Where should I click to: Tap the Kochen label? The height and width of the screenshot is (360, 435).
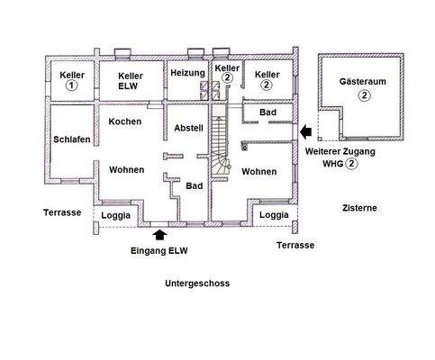[124, 121]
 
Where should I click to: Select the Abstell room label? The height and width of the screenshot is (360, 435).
[189, 129]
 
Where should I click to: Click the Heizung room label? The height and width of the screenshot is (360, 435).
[187, 72]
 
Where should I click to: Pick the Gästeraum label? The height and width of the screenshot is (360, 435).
[363, 79]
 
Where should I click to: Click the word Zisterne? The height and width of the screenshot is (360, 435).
[359, 208]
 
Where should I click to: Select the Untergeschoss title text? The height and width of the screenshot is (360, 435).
[197, 283]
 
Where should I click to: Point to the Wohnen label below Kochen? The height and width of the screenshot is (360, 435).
[127, 169]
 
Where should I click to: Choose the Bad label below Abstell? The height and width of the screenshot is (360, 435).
[194, 185]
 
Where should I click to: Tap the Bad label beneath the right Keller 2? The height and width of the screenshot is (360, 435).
[267, 112]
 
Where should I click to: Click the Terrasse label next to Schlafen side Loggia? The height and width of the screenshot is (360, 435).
[62, 212]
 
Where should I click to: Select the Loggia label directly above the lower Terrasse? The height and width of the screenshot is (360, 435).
[274, 216]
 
